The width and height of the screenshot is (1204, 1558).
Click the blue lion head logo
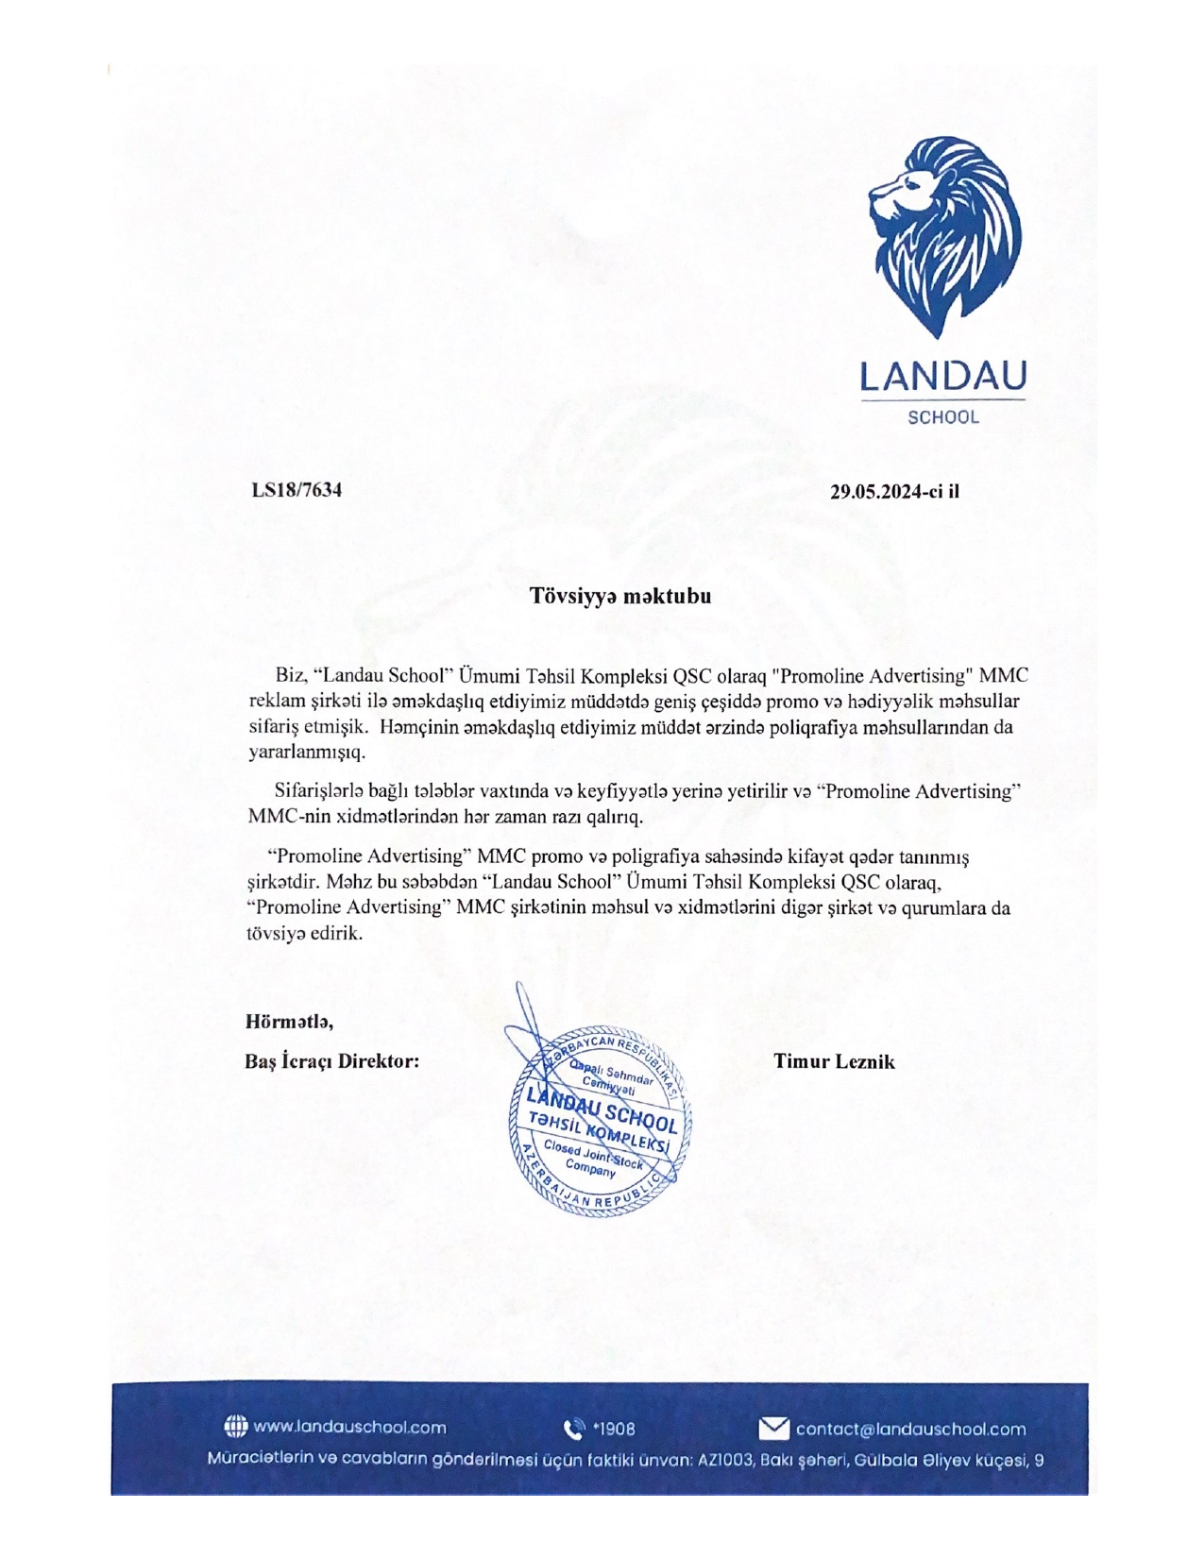coord(944,236)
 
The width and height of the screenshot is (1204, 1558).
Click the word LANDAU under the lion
coord(942,377)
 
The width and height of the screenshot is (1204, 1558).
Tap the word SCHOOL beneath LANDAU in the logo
coord(942,417)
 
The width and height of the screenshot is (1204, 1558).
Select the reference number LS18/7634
coord(297,490)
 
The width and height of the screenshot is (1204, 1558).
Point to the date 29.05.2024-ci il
coord(894,491)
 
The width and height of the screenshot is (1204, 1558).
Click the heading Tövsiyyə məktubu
coord(619,596)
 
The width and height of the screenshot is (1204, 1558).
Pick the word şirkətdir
coord(280,883)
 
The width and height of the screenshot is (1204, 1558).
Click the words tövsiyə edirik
coord(304,933)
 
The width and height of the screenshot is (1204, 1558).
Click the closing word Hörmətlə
coord(289,1021)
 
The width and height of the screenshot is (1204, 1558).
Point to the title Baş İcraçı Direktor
coord(331,1061)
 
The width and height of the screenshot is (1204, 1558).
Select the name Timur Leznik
coord(834,1061)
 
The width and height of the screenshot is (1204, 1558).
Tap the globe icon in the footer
coord(235,1427)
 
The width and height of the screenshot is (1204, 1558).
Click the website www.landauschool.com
coord(349,1428)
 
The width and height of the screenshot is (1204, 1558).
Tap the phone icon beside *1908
coord(573,1428)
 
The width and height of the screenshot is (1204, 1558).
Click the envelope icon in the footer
coord(773,1428)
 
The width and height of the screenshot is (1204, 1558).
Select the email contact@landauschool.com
coord(910,1428)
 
